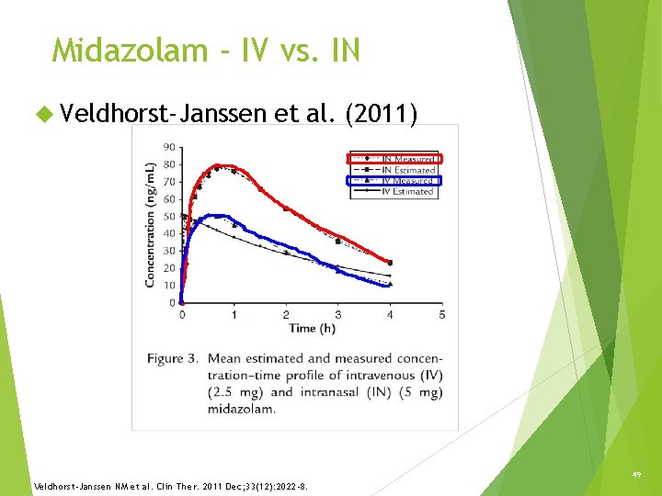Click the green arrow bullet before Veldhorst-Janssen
pyautogui.click(x=42, y=114)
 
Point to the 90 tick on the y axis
pyautogui.click(x=170, y=147)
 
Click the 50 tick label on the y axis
pyautogui.click(x=170, y=216)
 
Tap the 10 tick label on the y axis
pyautogui.click(x=170, y=285)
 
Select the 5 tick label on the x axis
pyautogui.click(x=442, y=315)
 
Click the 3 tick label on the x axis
pyautogui.click(x=337, y=315)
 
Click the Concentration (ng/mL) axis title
pyautogui.click(x=150, y=225)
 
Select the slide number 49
pyautogui.click(x=633, y=475)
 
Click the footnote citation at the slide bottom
pyautogui.click(x=170, y=486)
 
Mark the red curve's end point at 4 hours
pyautogui.click(x=390, y=263)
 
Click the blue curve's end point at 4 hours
pyautogui.click(x=390, y=285)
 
